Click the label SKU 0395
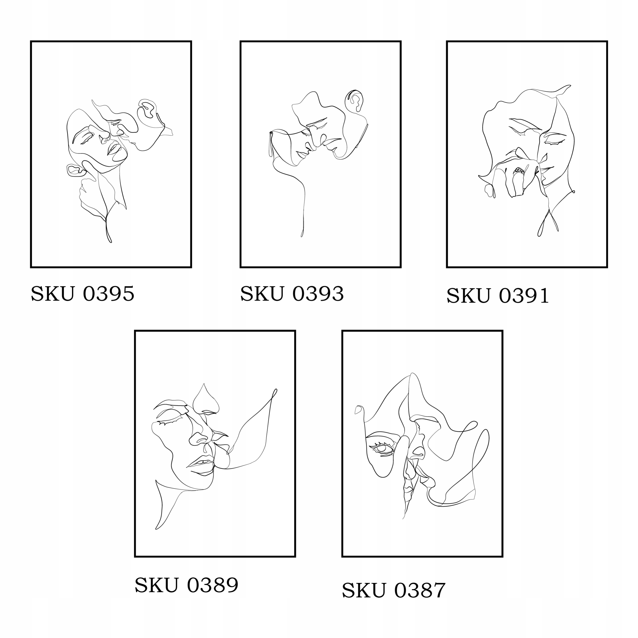pos(82,293)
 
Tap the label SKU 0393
pos(292,293)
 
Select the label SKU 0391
pos(498,295)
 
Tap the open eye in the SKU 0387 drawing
pos(382,449)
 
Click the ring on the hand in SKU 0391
pos(518,170)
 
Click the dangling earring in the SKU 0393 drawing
pos(271,144)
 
